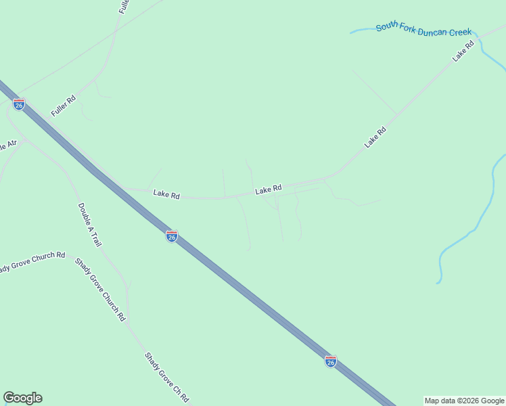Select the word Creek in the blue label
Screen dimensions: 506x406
point(459,32)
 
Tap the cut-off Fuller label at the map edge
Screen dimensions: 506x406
point(124,7)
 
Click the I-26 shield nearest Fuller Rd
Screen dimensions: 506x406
point(19,104)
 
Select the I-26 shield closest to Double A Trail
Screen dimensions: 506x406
point(172,235)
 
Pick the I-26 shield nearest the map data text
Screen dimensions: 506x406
point(330,361)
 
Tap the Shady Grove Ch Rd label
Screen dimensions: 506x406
point(166,377)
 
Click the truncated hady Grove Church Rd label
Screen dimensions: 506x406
point(32,261)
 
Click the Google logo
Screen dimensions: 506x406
point(22,398)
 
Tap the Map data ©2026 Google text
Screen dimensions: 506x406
point(464,401)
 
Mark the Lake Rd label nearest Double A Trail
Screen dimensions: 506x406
point(166,194)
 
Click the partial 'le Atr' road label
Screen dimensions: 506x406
point(7,145)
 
